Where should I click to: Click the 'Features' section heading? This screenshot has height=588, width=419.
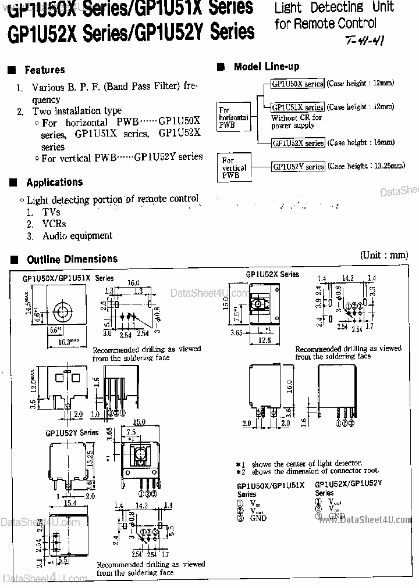click(x=44, y=70)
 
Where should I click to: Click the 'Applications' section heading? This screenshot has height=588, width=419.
click(x=54, y=182)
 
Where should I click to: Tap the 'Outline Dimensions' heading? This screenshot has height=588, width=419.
click(x=72, y=259)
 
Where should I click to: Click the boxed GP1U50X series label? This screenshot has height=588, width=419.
click(x=297, y=84)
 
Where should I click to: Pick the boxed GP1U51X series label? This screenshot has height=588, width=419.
click(x=297, y=107)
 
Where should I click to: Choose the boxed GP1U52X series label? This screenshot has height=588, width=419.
click(x=297, y=142)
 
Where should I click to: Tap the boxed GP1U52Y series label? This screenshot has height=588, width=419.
click(x=298, y=166)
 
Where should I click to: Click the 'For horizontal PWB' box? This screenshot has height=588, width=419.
click(x=233, y=117)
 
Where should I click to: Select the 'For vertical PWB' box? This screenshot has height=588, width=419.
click(x=234, y=167)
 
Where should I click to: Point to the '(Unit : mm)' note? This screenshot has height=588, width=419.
click(x=384, y=255)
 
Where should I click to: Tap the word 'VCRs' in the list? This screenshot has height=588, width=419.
click(x=54, y=224)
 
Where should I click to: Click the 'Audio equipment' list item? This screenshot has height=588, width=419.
click(x=77, y=236)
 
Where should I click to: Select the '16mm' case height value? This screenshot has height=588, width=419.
click(x=385, y=142)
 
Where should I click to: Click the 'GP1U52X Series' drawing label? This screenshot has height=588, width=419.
click(x=272, y=274)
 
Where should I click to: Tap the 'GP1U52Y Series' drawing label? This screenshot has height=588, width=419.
click(x=72, y=433)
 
